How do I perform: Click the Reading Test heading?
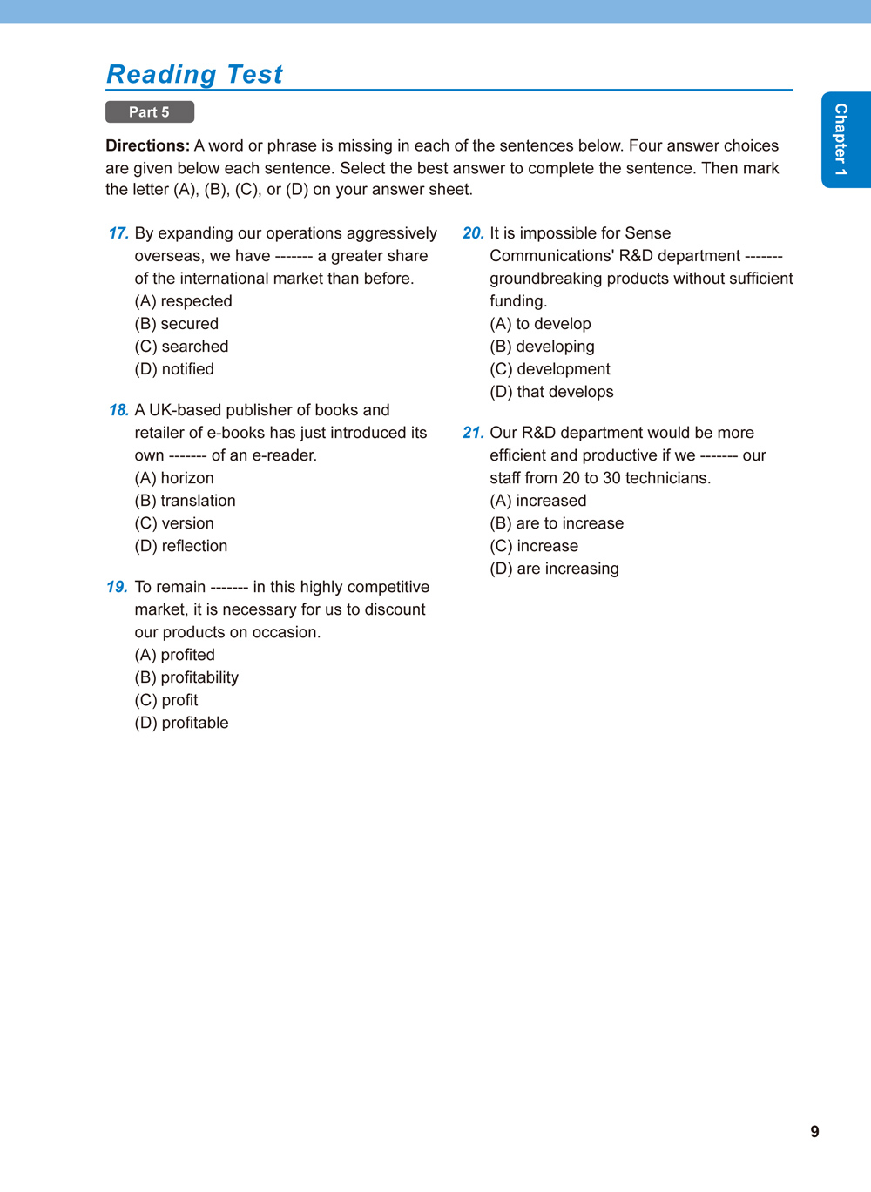(194, 75)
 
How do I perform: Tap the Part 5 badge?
(149, 112)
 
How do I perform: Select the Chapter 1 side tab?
(841, 139)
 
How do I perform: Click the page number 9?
(814, 1132)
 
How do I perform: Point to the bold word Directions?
(147, 145)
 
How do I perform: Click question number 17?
(118, 233)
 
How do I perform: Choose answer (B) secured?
(176, 324)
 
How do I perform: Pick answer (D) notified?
(174, 369)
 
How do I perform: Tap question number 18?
(118, 410)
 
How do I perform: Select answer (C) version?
(174, 523)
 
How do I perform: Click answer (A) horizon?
(174, 478)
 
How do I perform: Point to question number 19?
(118, 587)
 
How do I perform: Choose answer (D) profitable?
(181, 723)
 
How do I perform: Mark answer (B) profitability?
(186, 677)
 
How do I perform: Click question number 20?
(473, 233)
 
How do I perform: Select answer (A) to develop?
(540, 324)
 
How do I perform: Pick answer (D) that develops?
(551, 392)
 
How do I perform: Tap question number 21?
(473, 433)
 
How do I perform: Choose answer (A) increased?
(538, 501)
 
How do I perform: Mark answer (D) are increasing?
(554, 569)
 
